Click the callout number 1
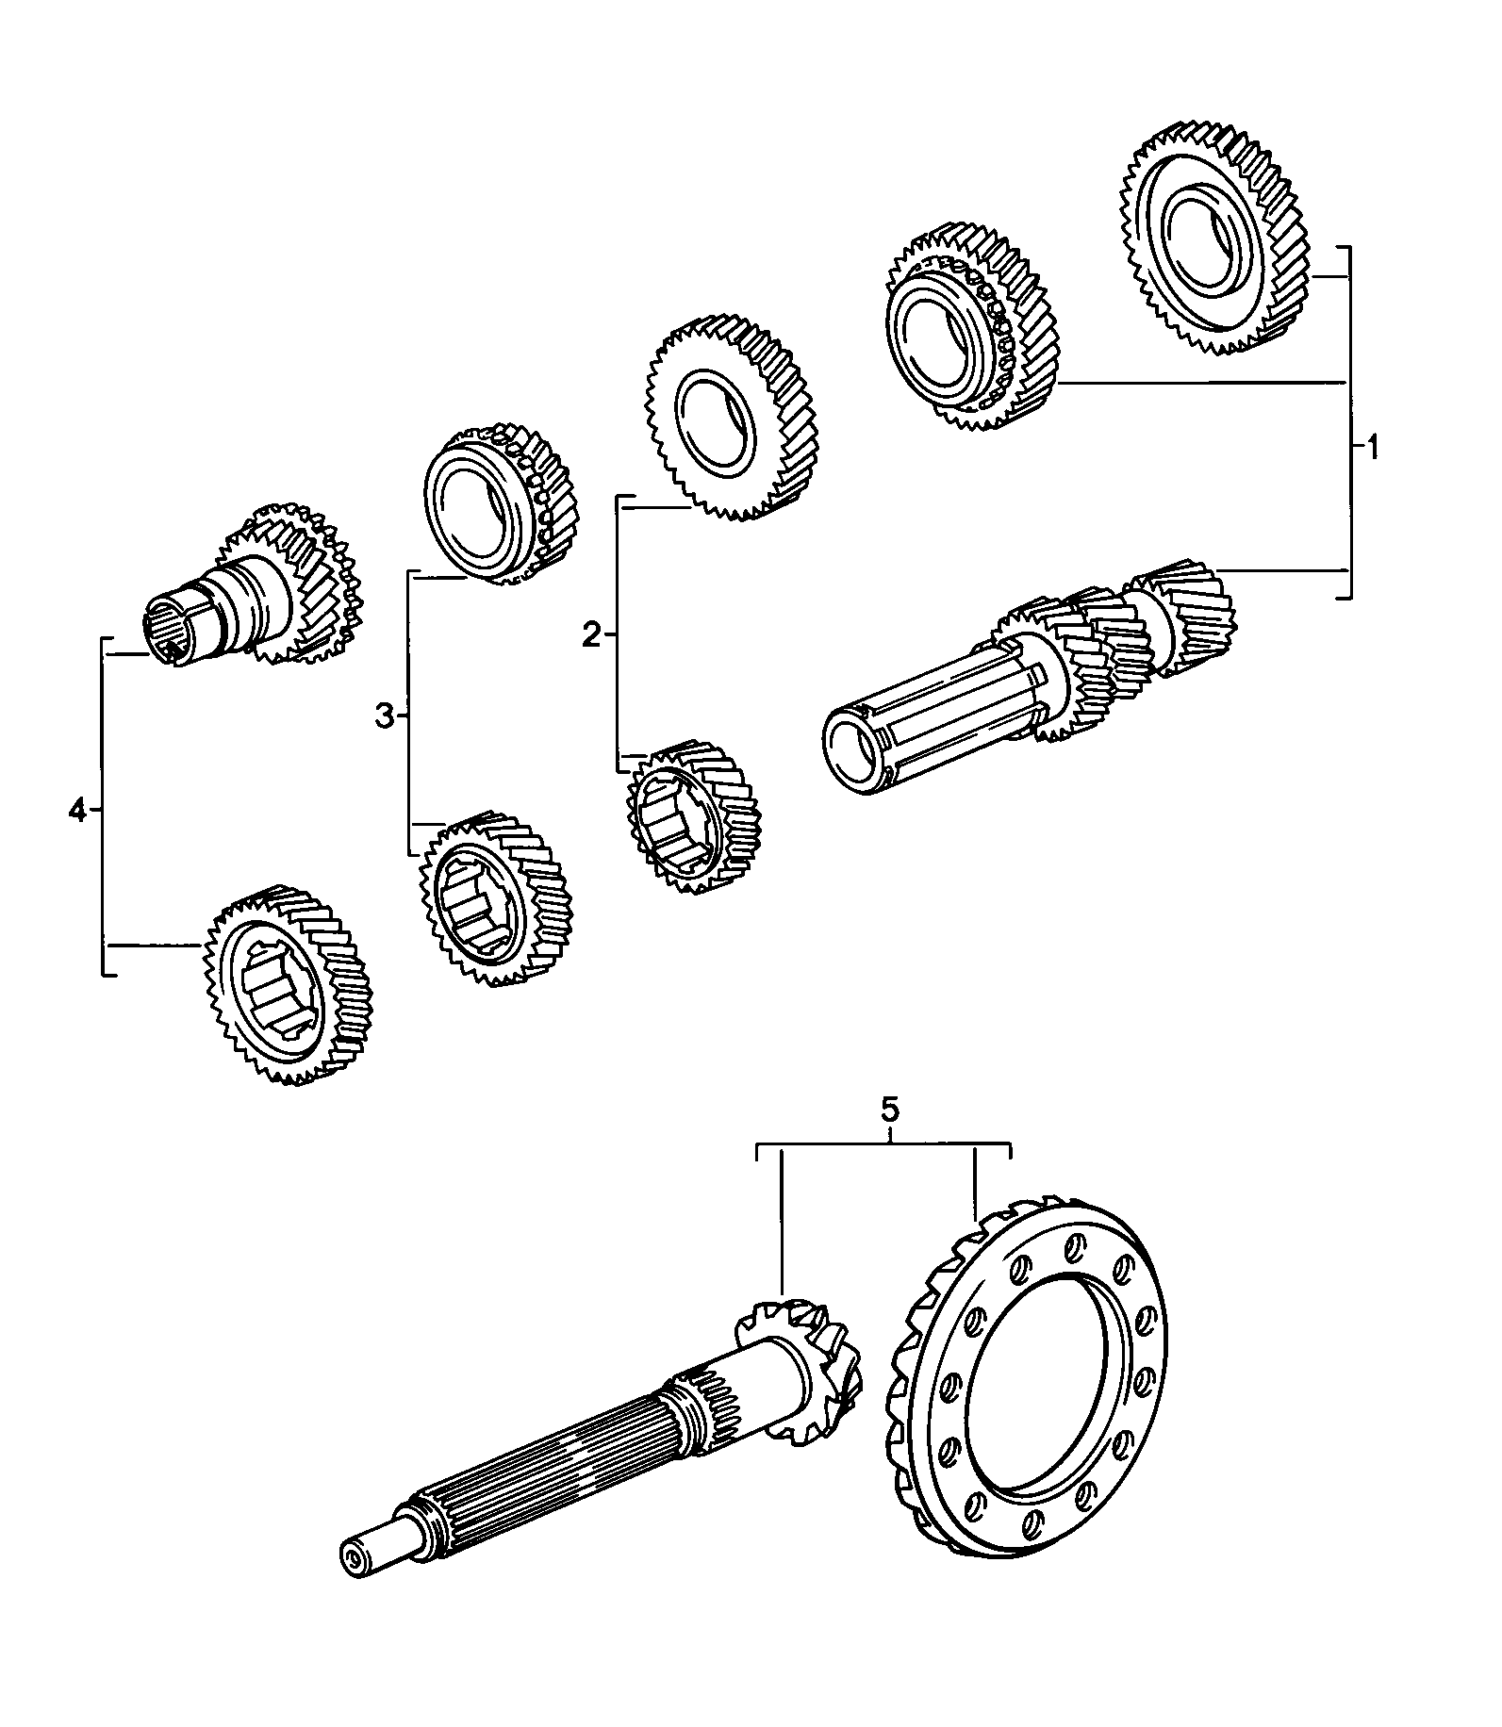(1373, 448)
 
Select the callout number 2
(591, 636)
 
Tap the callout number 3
(383, 717)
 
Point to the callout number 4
(77, 810)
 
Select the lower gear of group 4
(288, 985)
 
